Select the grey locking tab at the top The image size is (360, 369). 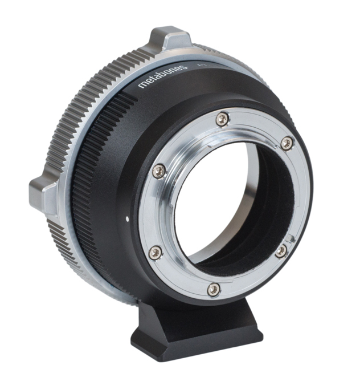point(170,38)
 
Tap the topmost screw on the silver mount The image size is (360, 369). point(222,119)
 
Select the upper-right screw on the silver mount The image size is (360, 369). point(287,143)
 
